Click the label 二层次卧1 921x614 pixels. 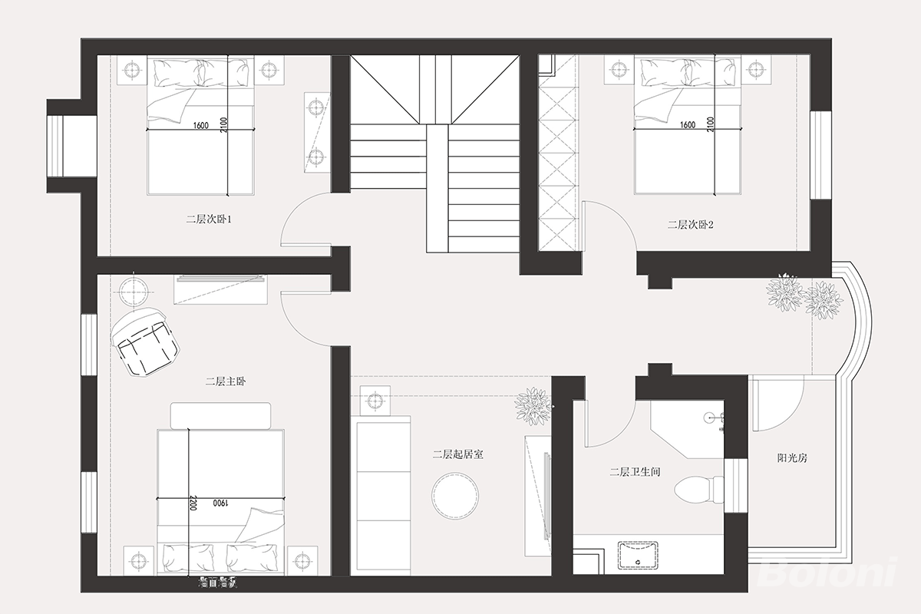click(209, 220)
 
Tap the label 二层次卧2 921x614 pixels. click(690, 225)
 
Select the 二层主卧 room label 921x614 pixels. click(226, 381)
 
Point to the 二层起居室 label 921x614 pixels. click(457, 454)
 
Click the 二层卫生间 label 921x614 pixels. click(635, 471)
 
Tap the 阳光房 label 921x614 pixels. click(792, 457)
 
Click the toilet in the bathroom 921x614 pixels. click(698, 489)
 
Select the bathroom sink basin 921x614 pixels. click(638, 555)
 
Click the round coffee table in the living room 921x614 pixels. click(455, 496)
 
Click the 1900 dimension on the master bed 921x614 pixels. click(220, 503)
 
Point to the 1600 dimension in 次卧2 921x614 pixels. click(688, 124)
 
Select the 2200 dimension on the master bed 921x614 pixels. click(193, 503)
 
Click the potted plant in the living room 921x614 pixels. click(533, 407)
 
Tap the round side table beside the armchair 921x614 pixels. click(134, 292)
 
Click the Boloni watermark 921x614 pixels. click(827, 572)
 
